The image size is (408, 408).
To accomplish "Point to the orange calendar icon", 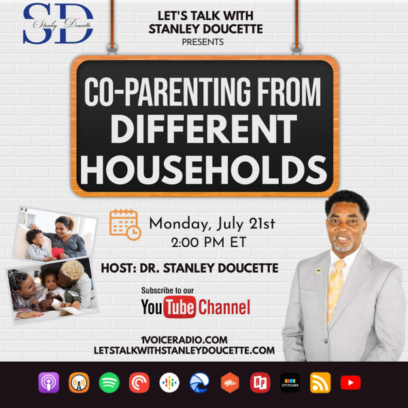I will coord(124,224).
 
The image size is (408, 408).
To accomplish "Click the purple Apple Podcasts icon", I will coord(49,383).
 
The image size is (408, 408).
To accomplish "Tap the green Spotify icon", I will coord(109,383).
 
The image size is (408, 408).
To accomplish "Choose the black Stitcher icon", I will coord(290,383).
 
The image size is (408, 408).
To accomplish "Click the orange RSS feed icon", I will coord(320,383).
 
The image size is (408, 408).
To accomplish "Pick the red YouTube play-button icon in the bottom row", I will coord(350,383).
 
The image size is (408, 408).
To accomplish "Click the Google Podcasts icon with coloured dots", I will coord(169,383).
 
